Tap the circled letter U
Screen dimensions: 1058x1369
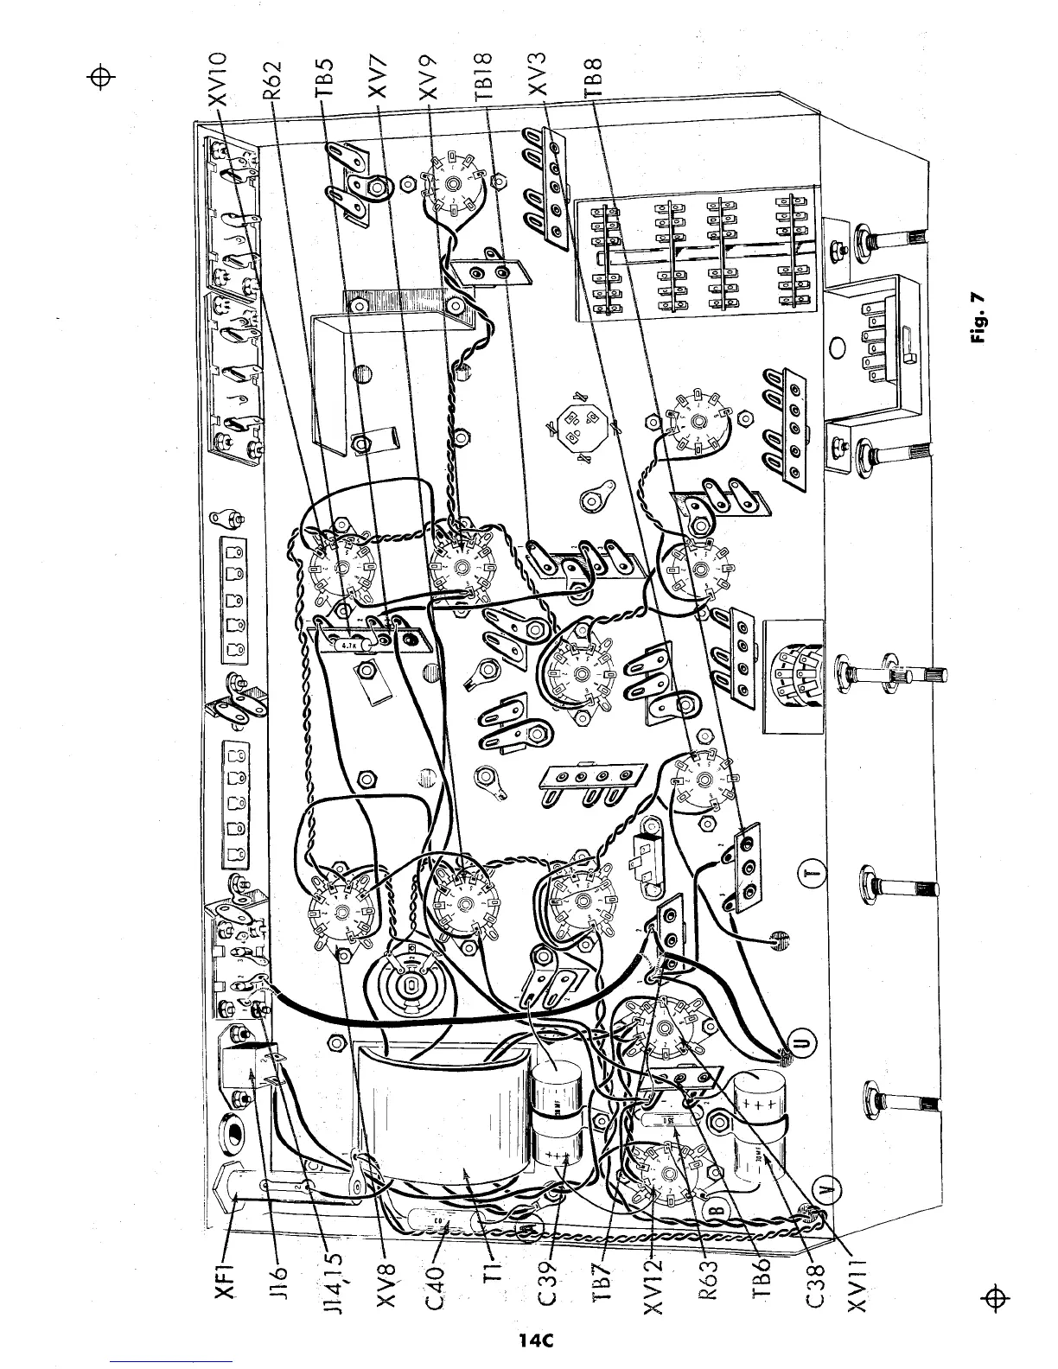click(x=806, y=1045)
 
